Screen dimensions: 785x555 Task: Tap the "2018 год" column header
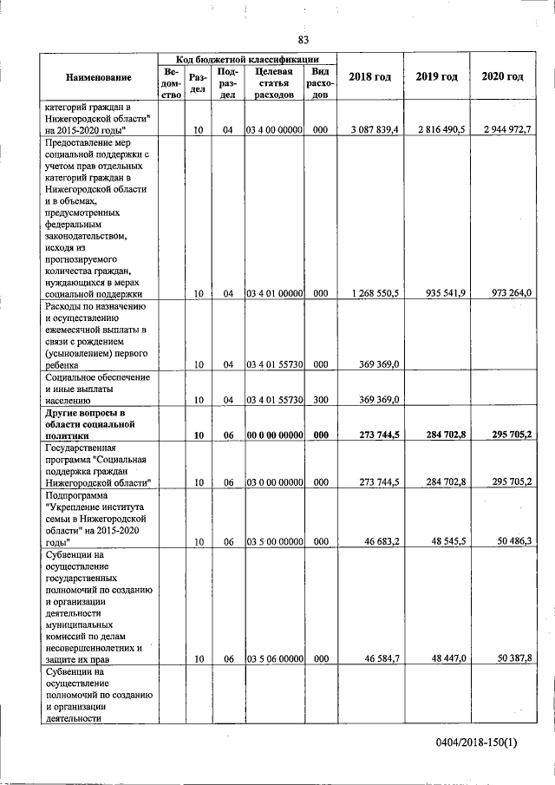[369, 77]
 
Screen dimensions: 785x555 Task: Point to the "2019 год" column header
[436, 77]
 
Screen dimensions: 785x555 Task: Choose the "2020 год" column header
[502, 77]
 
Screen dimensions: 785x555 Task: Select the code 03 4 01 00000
[274, 294]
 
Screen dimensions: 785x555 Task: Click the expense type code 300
[320, 400]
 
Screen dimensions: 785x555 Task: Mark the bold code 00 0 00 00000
[274, 435]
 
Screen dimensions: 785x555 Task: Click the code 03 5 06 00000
[274, 659]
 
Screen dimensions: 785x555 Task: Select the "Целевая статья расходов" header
[274, 82]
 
